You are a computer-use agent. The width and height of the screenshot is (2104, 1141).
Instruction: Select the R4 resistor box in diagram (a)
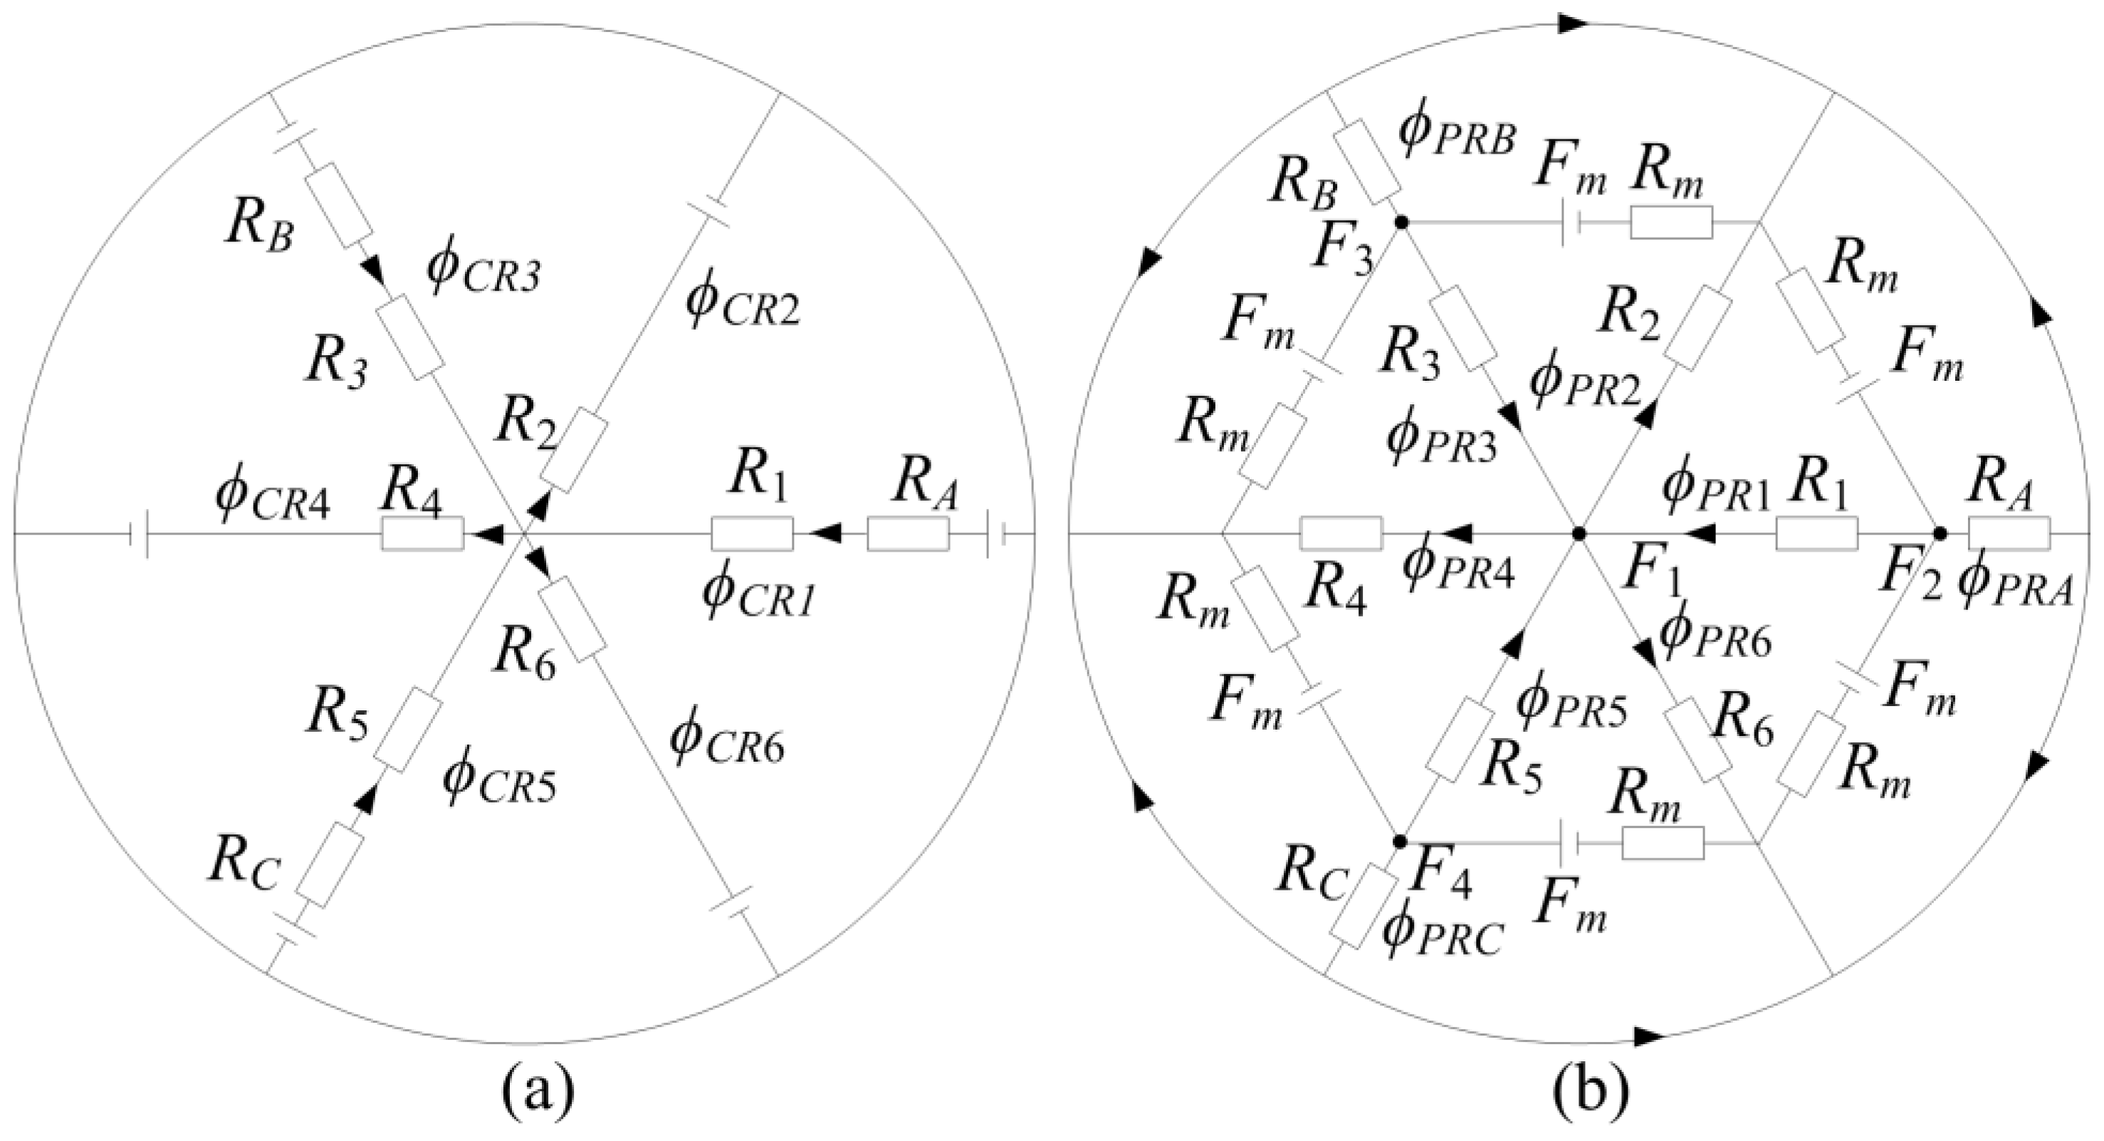click(422, 533)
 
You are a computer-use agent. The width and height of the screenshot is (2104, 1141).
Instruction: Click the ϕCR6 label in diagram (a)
click(727, 741)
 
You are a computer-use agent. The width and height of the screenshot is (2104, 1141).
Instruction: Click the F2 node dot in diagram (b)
click(1940, 533)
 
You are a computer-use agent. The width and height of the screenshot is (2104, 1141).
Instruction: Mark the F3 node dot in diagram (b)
click(1401, 222)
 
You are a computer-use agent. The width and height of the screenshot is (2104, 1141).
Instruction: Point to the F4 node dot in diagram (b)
click(1399, 841)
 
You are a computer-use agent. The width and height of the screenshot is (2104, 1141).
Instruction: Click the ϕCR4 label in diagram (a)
click(273, 498)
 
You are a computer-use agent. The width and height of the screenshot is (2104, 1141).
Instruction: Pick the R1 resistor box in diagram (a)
click(751, 533)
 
